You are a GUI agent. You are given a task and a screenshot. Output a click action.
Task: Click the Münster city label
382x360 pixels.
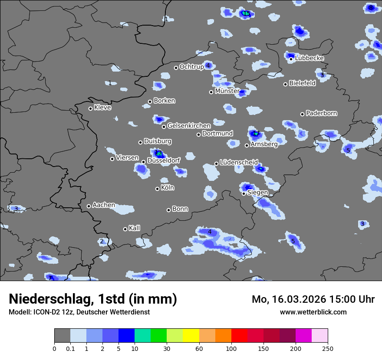pos(227,91)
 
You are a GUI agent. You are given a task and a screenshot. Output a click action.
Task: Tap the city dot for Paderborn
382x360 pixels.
pos(303,114)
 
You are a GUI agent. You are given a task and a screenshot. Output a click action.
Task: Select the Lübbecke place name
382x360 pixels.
pos(310,58)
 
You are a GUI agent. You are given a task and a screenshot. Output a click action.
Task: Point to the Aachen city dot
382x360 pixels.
pos(89,206)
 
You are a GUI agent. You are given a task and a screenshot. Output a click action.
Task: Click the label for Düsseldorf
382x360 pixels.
pos(164,160)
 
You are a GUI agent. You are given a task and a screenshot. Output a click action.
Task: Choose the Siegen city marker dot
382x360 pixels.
pos(244,193)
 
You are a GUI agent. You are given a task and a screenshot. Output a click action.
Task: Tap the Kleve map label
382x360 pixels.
pos(102,108)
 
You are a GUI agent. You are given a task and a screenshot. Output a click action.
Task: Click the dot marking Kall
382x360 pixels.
pos(125,229)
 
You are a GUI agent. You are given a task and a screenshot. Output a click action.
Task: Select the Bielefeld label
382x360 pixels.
pos(302,83)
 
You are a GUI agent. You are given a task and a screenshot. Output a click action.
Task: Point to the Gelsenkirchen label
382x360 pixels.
pos(189,126)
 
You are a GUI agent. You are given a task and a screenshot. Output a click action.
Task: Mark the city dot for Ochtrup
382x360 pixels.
pos(176,68)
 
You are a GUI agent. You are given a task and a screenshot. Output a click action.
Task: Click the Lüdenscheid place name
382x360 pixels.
pos(239,163)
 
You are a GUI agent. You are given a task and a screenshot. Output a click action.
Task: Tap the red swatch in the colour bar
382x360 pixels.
pos(239,336)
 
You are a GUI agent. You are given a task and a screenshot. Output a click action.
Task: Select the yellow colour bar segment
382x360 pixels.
pos(191,336)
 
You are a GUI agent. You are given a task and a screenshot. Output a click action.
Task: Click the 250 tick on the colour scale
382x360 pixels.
pos(328,348)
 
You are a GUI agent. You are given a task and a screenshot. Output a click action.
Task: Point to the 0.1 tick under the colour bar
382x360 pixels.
pos(70,348)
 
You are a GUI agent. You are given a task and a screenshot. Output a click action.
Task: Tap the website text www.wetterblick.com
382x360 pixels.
pos(313,312)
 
